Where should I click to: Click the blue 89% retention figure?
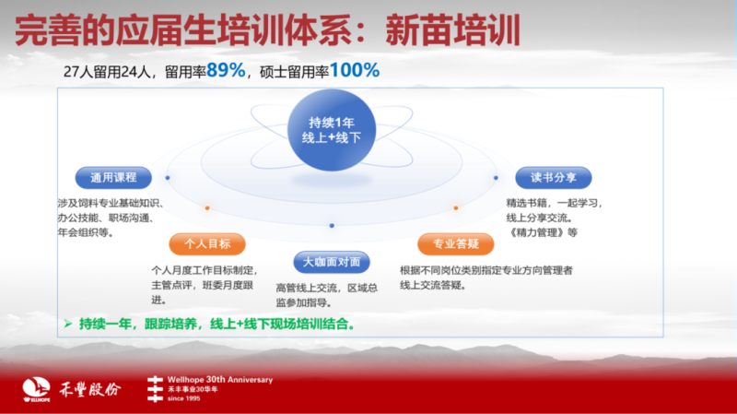point(226,71)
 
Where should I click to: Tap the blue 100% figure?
point(355,71)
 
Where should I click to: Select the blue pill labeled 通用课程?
point(113,177)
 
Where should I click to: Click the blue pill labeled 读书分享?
point(554,177)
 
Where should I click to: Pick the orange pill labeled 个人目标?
point(207,243)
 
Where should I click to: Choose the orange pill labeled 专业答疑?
point(455,243)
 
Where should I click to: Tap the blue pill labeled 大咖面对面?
point(332,262)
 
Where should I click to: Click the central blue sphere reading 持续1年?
point(332,130)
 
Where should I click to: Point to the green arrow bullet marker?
point(68,324)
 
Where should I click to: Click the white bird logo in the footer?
point(36,389)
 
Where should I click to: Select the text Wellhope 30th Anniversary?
point(220,380)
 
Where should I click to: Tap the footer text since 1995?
point(183,398)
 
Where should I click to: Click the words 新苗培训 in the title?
point(452,30)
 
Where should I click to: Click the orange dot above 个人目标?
point(207,208)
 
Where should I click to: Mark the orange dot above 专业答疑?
point(456,208)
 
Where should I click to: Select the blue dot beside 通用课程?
point(168,178)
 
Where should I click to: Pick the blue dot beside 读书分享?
point(496,178)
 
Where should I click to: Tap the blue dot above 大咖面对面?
point(332,226)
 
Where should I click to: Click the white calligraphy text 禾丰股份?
point(89,389)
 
